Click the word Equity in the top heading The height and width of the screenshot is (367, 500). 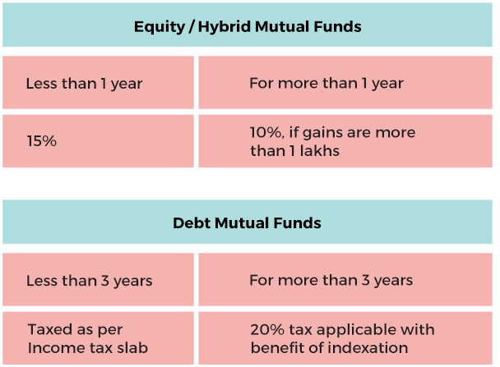159,27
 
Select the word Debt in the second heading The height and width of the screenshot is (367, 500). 192,222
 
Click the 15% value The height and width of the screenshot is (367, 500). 41,141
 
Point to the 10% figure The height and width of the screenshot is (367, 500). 266,132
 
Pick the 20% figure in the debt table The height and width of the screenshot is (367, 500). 267,329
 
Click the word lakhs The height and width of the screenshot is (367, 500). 320,150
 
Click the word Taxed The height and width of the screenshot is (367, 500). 49,329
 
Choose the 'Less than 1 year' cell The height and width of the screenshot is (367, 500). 98,82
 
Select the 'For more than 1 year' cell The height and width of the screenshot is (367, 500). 345,82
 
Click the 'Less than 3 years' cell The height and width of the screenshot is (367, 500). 98,279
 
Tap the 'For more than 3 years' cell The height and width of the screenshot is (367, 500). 345,279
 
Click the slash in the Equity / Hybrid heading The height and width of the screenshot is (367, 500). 192,27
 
